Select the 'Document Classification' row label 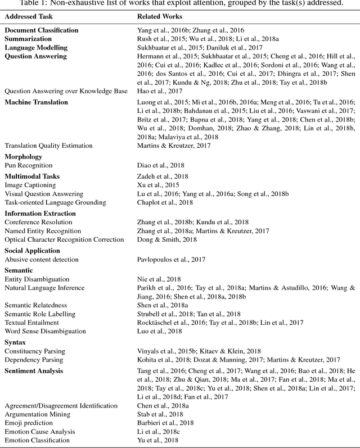coord(42,30)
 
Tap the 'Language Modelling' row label coord(35,48)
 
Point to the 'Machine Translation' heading coord(37,102)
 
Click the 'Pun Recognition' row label coord(29,165)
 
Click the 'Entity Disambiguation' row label coord(37,279)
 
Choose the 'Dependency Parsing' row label coord(35,360)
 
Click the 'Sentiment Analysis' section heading coord(34,371)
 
